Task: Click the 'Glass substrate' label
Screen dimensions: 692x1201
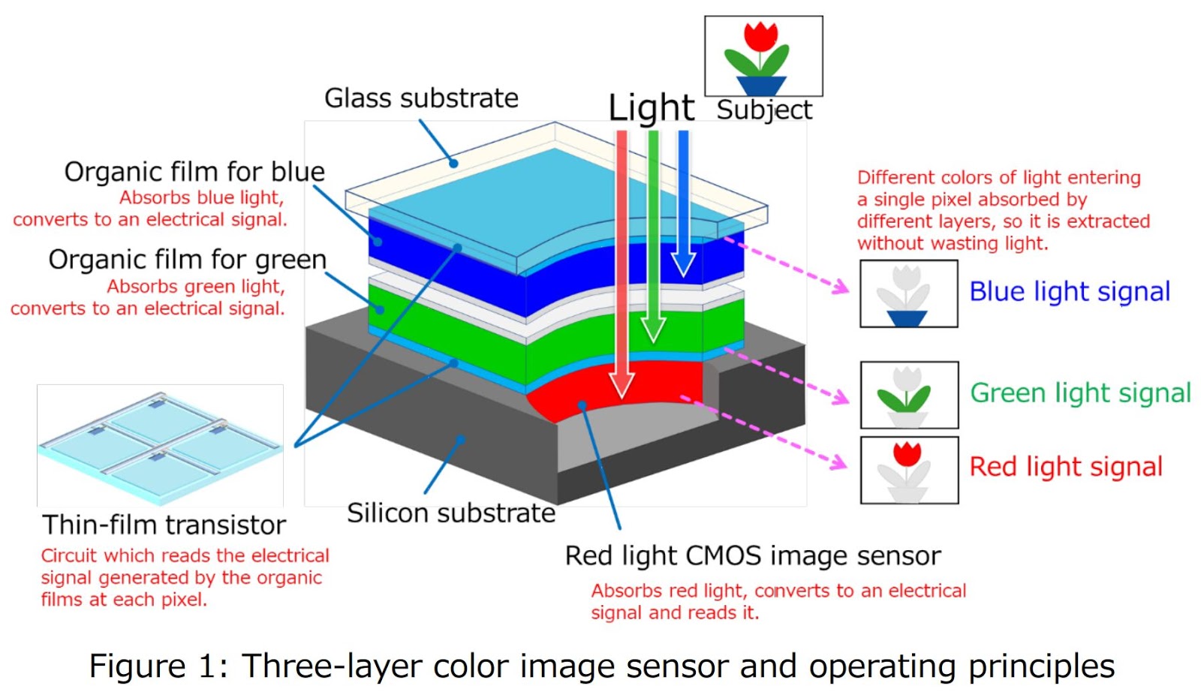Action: [x=421, y=98]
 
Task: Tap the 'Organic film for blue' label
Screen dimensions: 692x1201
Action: [x=194, y=172]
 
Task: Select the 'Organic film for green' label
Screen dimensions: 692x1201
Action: [x=188, y=260]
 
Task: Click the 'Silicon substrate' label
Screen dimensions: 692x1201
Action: [x=451, y=513]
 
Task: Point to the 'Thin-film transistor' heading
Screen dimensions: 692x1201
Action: [x=164, y=525]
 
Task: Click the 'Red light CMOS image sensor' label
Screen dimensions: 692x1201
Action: [x=752, y=556]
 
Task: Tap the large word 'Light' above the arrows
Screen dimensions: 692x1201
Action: [x=651, y=108]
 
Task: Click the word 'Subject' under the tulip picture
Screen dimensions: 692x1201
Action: [x=763, y=110]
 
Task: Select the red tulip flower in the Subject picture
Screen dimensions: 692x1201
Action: [x=760, y=35]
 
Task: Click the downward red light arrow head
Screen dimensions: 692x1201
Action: [x=622, y=384]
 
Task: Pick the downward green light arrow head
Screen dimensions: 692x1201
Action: [x=653, y=329]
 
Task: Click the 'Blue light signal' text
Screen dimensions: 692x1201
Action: [x=1070, y=291]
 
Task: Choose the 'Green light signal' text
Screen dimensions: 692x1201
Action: [x=1080, y=393]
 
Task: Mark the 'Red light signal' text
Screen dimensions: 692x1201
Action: [x=1066, y=467]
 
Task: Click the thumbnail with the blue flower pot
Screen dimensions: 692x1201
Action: [x=908, y=293]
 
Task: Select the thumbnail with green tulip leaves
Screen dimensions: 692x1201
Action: [x=909, y=395]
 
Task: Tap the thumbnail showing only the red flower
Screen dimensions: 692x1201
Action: [x=909, y=470]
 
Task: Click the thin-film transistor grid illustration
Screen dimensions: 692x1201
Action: [x=160, y=445]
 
